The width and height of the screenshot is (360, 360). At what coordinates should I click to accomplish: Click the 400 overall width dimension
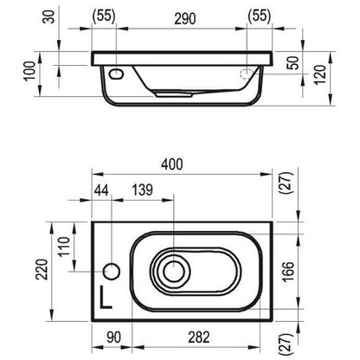click(x=171, y=164)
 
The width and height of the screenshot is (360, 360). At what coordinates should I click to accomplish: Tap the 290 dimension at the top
click(x=185, y=19)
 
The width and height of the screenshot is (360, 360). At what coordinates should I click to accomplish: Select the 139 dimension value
click(x=143, y=190)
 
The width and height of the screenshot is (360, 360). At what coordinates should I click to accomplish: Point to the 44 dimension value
click(x=101, y=190)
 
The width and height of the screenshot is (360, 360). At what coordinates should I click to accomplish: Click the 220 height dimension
click(x=42, y=269)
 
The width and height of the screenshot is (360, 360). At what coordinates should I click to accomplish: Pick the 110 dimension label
click(x=64, y=246)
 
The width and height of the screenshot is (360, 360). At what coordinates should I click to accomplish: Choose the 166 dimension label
click(x=288, y=272)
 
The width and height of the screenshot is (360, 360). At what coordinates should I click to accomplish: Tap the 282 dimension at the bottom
click(x=199, y=337)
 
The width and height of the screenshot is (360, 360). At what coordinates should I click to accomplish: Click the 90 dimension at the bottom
click(x=113, y=337)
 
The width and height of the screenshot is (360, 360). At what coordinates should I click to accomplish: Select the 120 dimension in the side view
click(x=320, y=74)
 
